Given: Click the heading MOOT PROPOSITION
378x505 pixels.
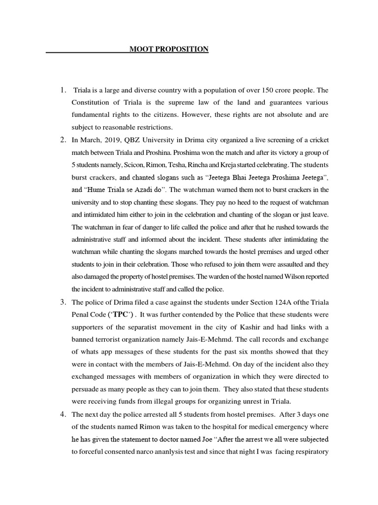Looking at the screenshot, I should (x=169, y=49).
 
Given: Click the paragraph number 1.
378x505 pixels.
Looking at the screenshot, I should (x=63, y=90).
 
